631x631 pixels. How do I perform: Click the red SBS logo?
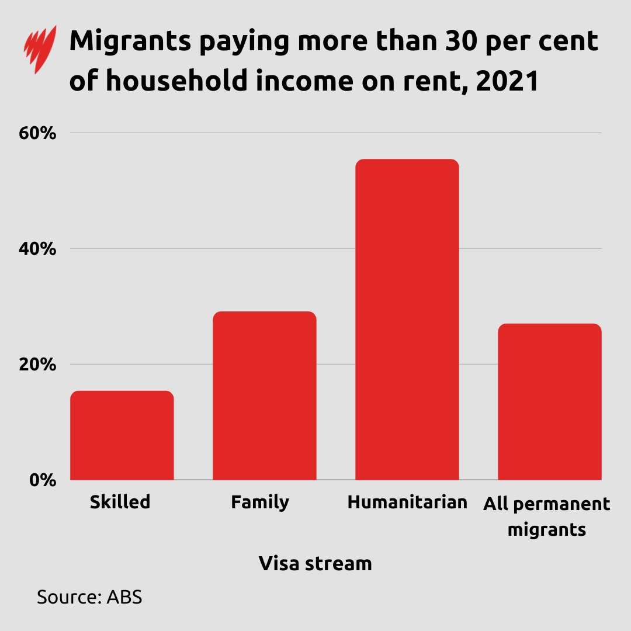(x=40, y=50)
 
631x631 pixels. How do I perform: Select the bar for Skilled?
(x=122, y=435)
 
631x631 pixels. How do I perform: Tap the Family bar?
(x=264, y=396)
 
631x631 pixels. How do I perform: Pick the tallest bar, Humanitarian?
(x=407, y=320)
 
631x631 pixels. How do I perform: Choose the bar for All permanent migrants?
(x=549, y=401)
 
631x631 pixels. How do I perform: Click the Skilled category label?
(x=120, y=502)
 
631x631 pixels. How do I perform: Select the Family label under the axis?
(x=260, y=502)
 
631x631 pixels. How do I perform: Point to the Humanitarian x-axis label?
(x=407, y=502)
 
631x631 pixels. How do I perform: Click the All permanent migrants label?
(x=547, y=517)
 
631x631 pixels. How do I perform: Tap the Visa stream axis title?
(x=315, y=564)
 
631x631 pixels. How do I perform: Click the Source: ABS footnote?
(x=89, y=597)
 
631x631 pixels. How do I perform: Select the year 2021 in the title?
(x=507, y=82)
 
